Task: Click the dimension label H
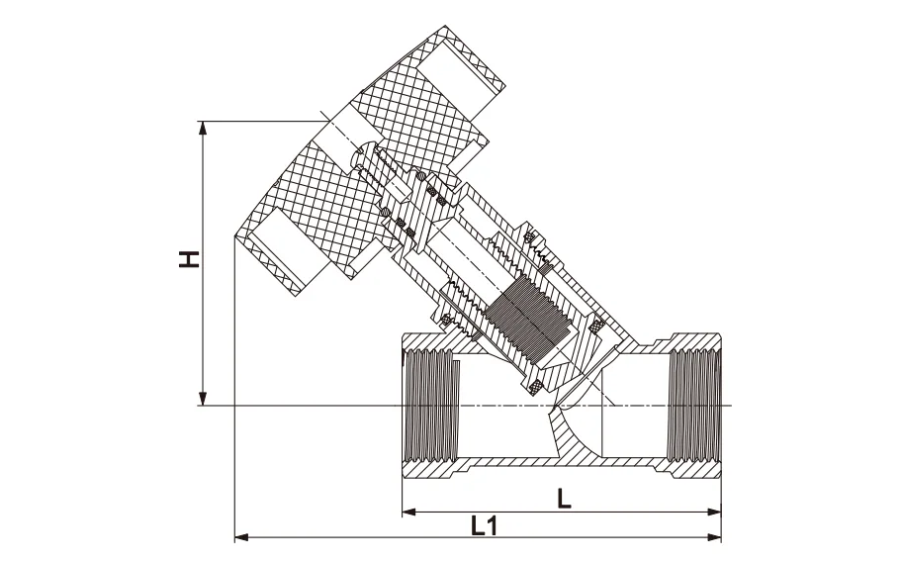click(x=188, y=260)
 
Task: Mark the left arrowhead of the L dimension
click(x=408, y=513)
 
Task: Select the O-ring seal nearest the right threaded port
click(x=596, y=325)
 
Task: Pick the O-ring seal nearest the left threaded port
click(x=445, y=319)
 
